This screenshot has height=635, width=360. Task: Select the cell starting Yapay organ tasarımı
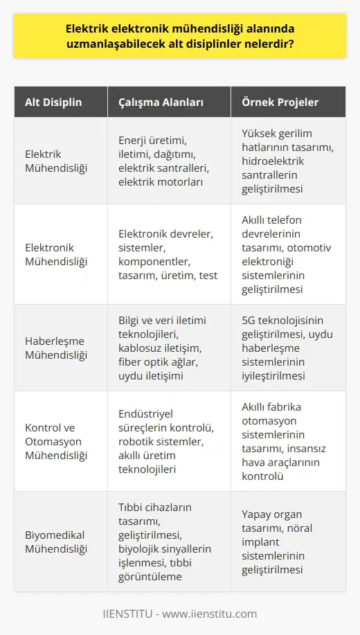pyautogui.click(x=284, y=542)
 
